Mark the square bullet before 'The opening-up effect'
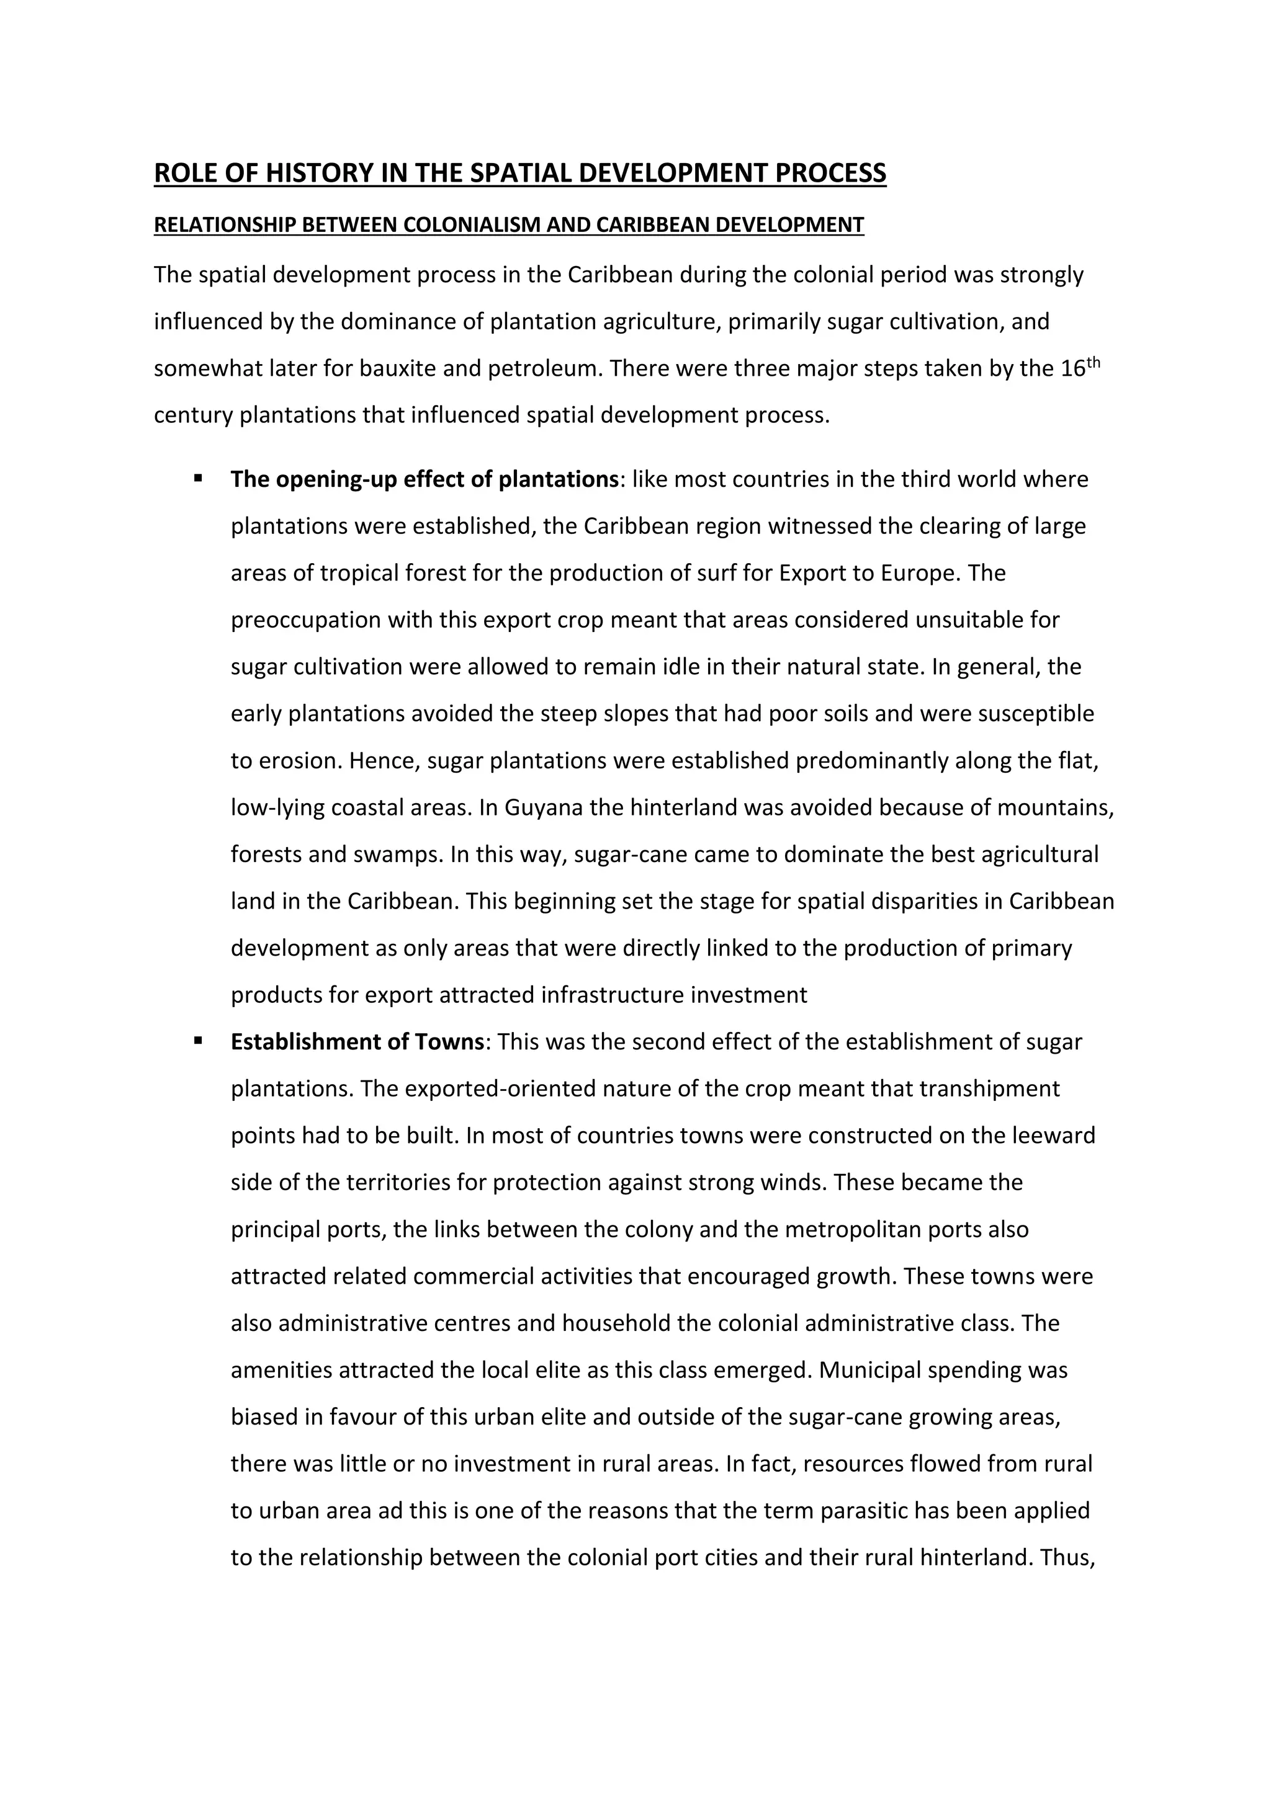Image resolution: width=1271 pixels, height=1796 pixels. pos(198,477)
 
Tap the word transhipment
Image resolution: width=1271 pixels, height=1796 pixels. pos(989,1089)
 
